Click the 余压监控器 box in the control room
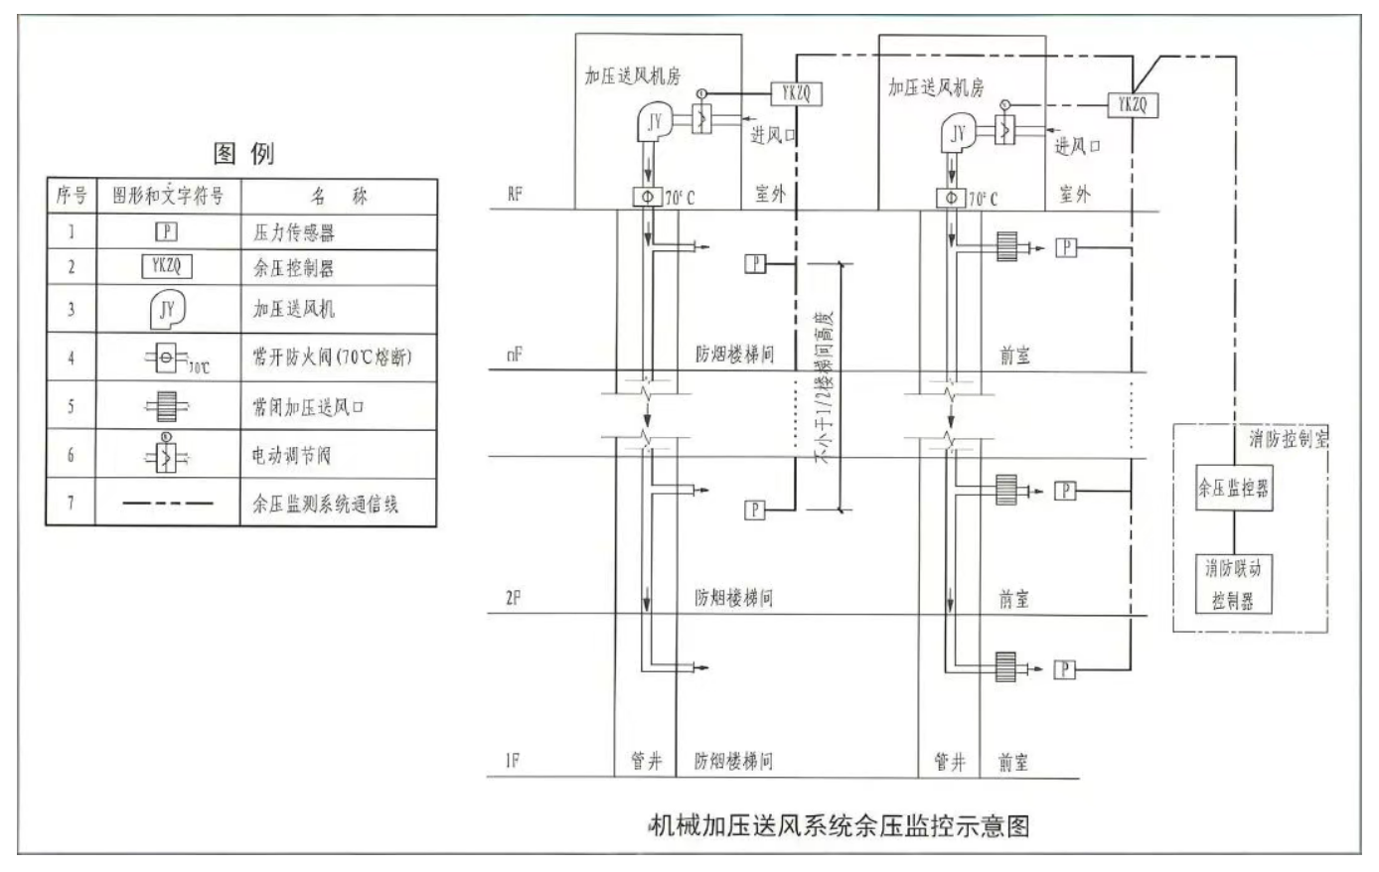click(1233, 489)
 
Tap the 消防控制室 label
click(1288, 439)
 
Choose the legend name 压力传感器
click(293, 232)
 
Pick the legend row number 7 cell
click(71, 503)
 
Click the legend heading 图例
click(243, 153)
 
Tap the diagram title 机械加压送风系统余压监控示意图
click(838, 825)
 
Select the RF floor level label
click(515, 194)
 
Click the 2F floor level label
click(514, 599)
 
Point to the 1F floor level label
click(513, 762)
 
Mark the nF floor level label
click(514, 355)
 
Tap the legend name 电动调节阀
click(290, 456)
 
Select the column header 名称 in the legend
click(339, 196)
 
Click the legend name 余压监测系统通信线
click(325, 504)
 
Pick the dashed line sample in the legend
click(167, 504)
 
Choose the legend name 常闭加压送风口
click(304, 406)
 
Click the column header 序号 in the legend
click(71, 196)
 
